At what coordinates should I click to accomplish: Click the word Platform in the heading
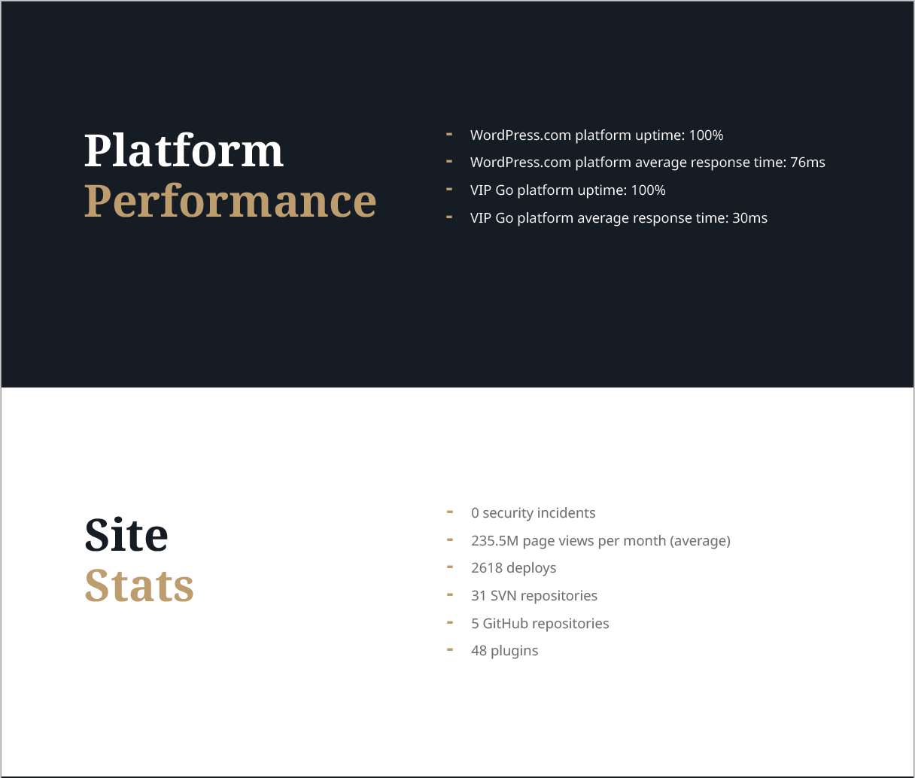tap(184, 150)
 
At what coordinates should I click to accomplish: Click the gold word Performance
tap(230, 202)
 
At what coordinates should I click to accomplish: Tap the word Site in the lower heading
tap(126, 535)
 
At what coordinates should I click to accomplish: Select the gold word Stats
tap(139, 585)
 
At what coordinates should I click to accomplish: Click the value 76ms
tap(807, 163)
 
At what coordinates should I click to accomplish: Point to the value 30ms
tap(749, 218)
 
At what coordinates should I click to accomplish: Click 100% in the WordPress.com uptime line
tap(706, 135)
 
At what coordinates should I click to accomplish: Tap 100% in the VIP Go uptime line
tap(648, 190)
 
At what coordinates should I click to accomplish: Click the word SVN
tap(503, 596)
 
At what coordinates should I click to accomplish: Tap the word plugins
tap(515, 652)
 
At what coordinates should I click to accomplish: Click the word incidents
tap(567, 513)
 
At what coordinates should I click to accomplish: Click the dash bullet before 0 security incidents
tap(450, 512)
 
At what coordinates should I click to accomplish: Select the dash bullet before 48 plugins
tap(450, 649)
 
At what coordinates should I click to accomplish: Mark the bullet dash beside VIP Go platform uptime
tap(449, 189)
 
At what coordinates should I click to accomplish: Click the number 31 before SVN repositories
tap(479, 596)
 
